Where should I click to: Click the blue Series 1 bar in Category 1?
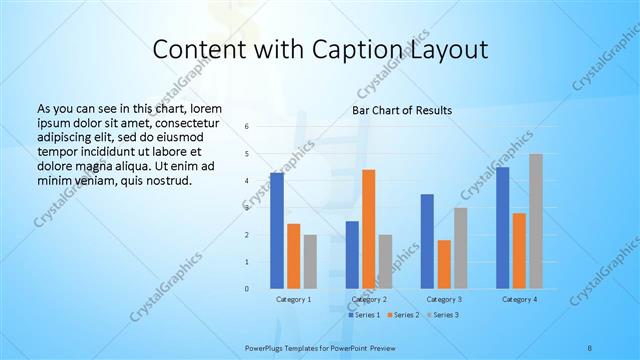pos(277,231)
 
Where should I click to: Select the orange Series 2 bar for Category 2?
pos(368,229)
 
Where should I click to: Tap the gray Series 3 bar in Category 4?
pos(536,221)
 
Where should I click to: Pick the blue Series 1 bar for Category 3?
pos(427,241)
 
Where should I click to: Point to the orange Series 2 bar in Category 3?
pos(444,264)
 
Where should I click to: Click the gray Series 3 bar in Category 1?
pos(310,262)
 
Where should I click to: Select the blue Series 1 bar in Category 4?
pos(503,228)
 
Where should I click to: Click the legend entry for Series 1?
pos(364,315)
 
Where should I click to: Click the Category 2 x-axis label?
pos(368,299)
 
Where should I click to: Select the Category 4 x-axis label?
pos(519,299)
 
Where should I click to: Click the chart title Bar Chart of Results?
pos(402,109)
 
